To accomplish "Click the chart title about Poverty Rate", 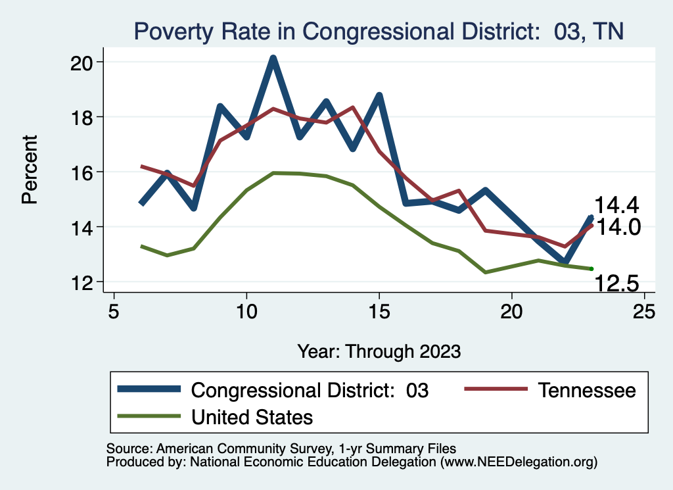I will [378, 31].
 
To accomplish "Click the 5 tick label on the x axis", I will [114, 311].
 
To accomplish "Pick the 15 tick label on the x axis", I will [379, 311].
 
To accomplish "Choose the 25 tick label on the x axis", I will [644, 311].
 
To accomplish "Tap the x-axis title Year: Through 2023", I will [379, 351].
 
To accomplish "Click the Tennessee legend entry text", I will [587, 390].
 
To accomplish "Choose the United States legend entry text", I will [252, 416].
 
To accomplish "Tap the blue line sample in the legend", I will [149, 389].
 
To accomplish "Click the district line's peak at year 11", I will [273, 59].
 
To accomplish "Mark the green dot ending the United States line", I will [592, 268].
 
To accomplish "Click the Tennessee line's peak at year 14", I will [352, 107].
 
